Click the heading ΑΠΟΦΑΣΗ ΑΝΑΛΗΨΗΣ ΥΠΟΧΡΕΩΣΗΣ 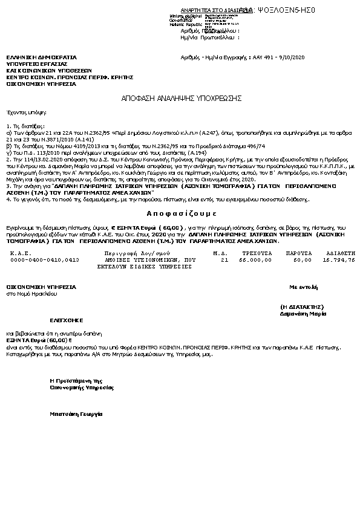tap(182, 97)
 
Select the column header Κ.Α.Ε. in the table tap(21, 253)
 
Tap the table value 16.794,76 tap(339, 259)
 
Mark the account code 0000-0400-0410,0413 tap(45, 259)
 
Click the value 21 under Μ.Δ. tap(224, 259)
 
